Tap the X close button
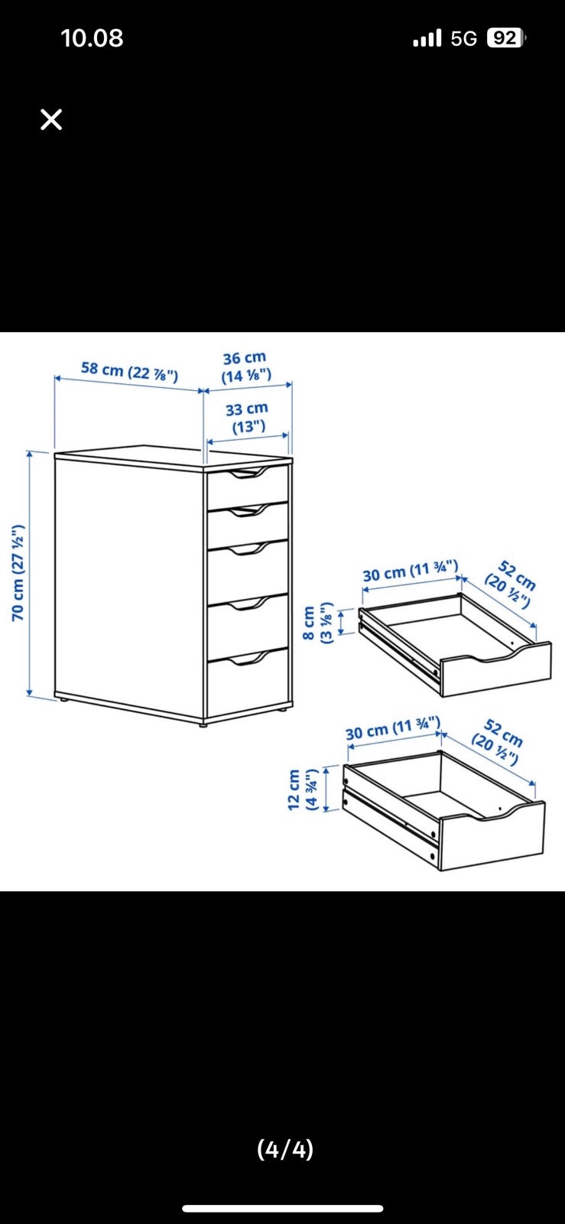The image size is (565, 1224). coord(51,119)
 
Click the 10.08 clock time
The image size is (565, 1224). coord(92,38)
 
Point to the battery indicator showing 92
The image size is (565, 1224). coord(505,38)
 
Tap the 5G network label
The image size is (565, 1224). coord(463,39)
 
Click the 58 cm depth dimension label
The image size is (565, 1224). coord(129,372)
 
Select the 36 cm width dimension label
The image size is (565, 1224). coord(245,367)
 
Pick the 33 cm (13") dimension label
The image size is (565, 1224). coord(247,418)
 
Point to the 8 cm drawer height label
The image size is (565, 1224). coord(317,623)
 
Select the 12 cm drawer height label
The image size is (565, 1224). coord(302,789)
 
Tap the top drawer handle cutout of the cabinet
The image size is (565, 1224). coord(247,474)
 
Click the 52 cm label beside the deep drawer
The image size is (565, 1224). coord(497,741)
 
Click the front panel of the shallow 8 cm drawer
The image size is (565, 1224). coord(495,669)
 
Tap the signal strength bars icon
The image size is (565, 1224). coord(427,38)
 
